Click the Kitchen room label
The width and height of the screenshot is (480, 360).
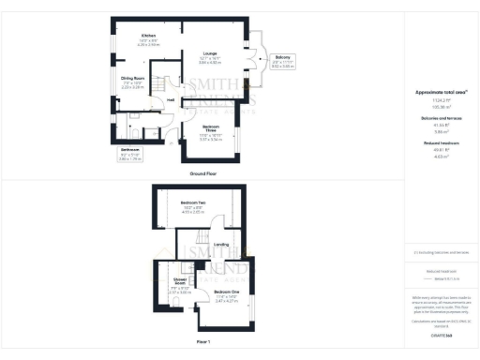[148, 36]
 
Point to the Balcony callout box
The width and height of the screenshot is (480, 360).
[282, 61]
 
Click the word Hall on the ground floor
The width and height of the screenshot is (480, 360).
[170, 100]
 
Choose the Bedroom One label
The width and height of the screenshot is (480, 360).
[227, 294]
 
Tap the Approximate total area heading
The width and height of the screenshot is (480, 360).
[440, 92]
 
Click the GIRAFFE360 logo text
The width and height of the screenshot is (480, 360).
[440, 335]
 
